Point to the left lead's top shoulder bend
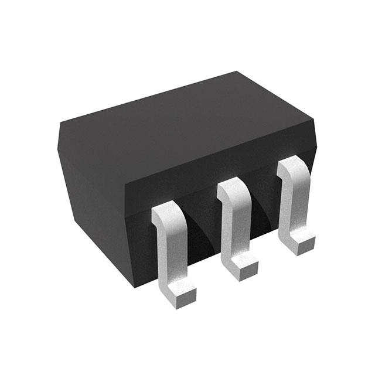pyautogui.click(x=166, y=212)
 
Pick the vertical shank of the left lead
pyautogui.click(x=169, y=246)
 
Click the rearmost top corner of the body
pyautogui.click(x=237, y=71)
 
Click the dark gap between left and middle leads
pyautogui.click(x=202, y=234)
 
